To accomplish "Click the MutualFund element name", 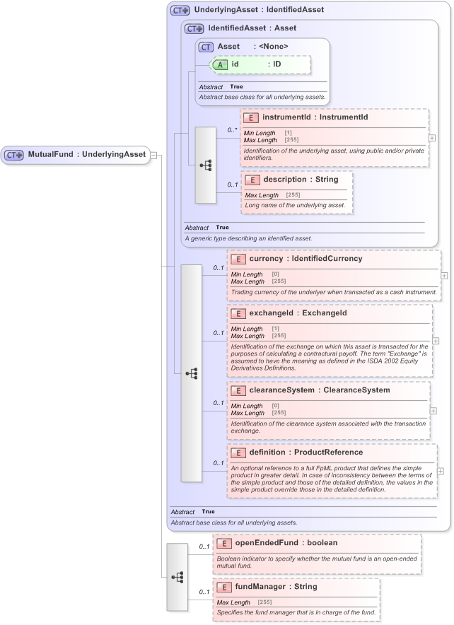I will pyautogui.click(x=51, y=154).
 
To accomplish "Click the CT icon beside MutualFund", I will pyautogui.click(x=15, y=155).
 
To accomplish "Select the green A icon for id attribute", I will pyautogui.click(x=220, y=64).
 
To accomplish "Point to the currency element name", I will pyautogui.click(x=266, y=259).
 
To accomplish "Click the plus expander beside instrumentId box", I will pyautogui.click(x=432, y=138).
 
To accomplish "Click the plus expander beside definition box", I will pyautogui.click(x=441, y=471).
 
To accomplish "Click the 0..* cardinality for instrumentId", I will pyautogui.click(x=231, y=130).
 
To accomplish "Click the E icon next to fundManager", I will pyautogui.click(x=224, y=587).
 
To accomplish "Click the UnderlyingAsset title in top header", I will pyautogui.click(x=205, y=10).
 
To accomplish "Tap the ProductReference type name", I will pyautogui.click(x=329, y=452).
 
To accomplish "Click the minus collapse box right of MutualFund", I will pyautogui.click(x=153, y=155).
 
